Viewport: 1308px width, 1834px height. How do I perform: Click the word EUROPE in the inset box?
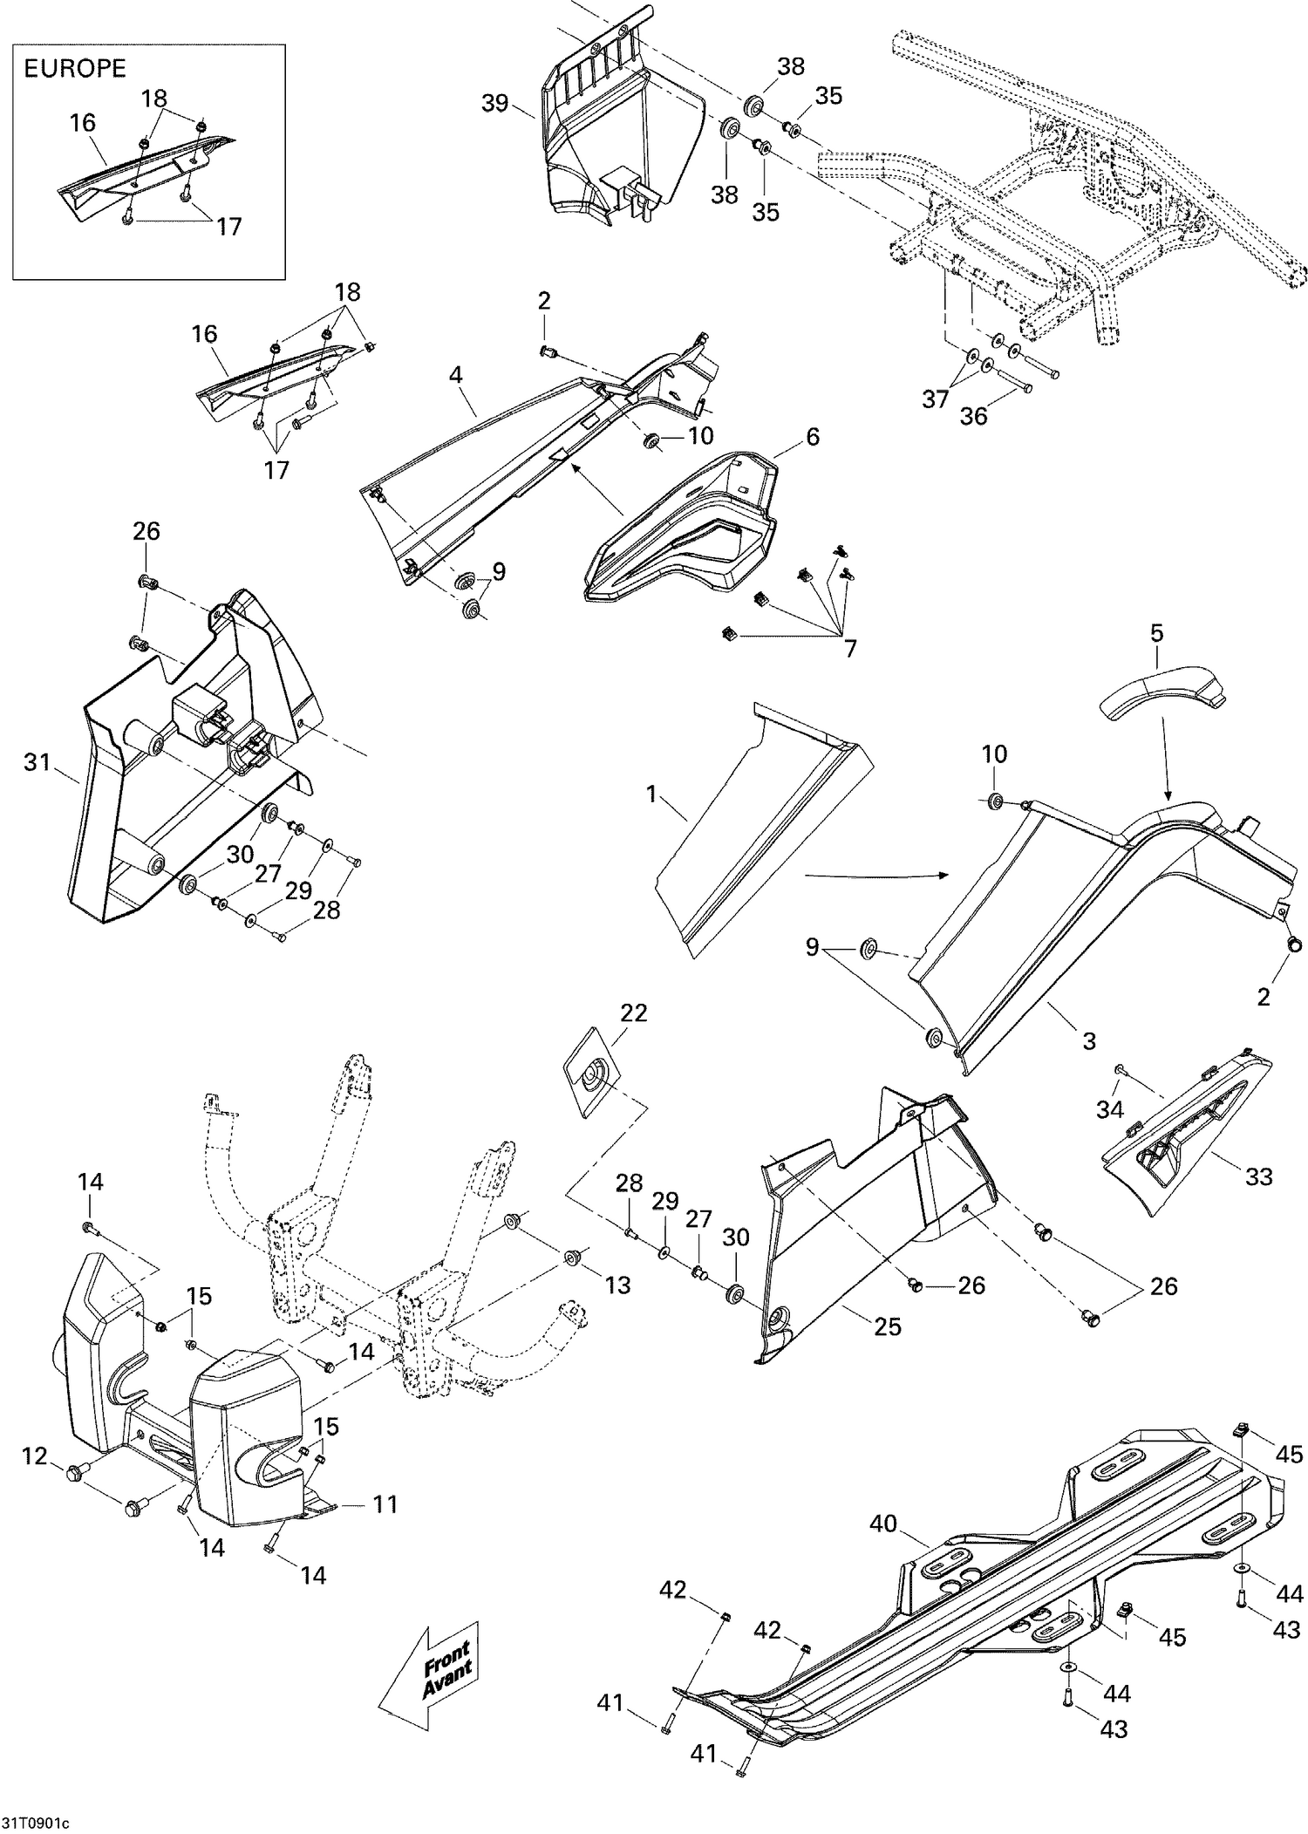pos(74,69)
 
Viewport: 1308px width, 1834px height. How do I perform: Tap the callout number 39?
pos(495,103)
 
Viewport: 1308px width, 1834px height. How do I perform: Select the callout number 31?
pos(37,762)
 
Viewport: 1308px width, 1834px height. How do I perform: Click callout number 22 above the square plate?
pos(634,1012)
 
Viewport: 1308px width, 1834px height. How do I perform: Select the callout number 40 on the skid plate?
pos(882,1523)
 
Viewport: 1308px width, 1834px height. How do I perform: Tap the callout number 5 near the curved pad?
pos(1156,633)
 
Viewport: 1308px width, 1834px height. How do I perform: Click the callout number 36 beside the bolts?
pos(973,416)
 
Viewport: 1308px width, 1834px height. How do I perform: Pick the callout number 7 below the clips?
pos(849,648)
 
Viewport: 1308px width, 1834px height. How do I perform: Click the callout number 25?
pos(888,1326)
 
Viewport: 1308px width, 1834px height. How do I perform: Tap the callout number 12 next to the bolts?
pos(35,1456)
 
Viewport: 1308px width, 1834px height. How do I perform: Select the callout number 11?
pos(385,1503)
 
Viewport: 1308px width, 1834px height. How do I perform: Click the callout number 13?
pos(617,1285)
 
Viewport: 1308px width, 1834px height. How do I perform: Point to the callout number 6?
pos(812,436)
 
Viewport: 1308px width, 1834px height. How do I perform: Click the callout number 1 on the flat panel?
pos(651,794)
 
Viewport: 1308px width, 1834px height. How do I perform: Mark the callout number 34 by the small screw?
pos(1109,1109)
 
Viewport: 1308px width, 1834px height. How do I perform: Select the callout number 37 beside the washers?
pos(935,399)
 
